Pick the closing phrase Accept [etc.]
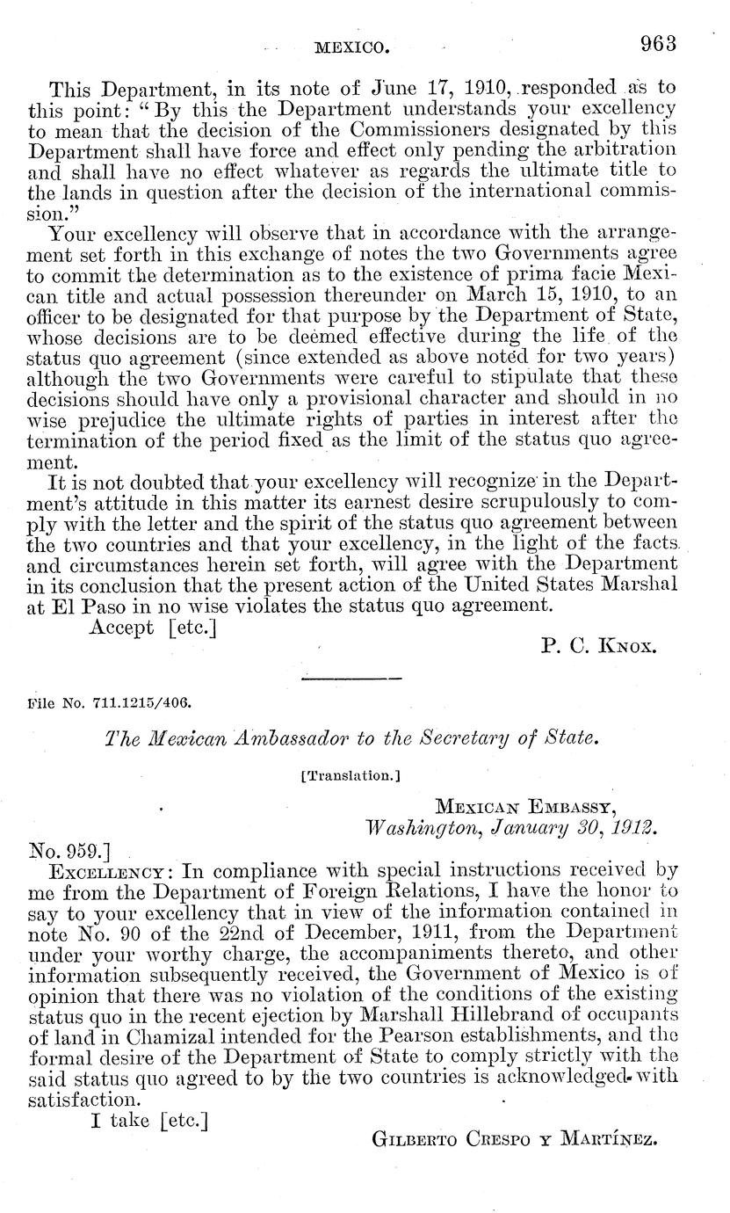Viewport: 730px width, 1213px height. click(x=153, y=627)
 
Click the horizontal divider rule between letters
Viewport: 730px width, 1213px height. click(x=351, y=679)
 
